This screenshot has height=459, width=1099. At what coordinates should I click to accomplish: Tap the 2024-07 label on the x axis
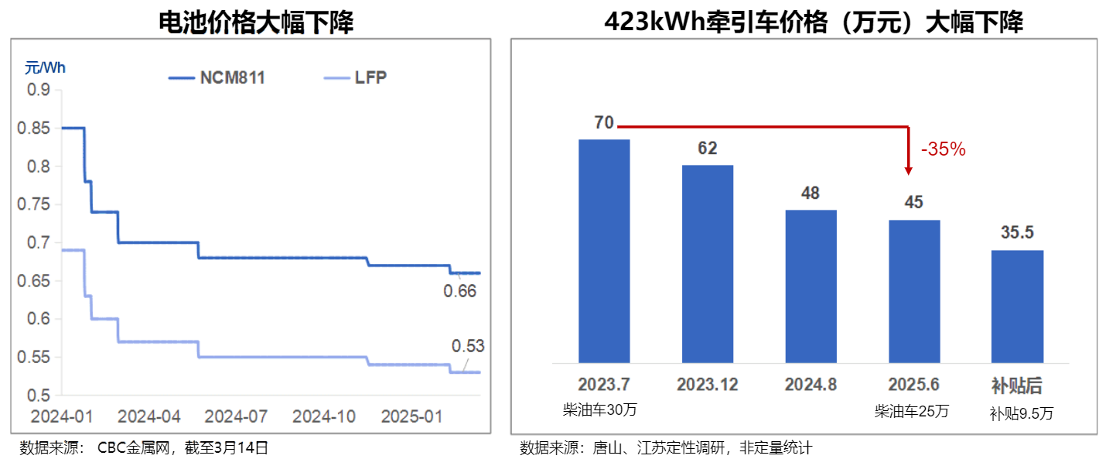237,416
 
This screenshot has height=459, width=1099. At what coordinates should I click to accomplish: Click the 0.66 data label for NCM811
459,292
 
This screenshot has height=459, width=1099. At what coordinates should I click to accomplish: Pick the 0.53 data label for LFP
468,346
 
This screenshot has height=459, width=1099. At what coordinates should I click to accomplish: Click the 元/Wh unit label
45,67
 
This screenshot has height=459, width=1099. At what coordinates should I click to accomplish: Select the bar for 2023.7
604,251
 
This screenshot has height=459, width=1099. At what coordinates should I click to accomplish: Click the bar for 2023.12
708,264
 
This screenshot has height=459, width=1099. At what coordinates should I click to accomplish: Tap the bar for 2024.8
811,286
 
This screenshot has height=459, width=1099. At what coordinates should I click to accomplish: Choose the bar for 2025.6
914,291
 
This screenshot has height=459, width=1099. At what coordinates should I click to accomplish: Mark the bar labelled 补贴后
1018,307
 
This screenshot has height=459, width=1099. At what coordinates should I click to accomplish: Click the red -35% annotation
943,150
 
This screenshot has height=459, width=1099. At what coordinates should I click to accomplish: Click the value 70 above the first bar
604,123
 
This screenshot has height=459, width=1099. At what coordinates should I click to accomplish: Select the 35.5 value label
1018,233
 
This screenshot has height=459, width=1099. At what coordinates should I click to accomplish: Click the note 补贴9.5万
1021,413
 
